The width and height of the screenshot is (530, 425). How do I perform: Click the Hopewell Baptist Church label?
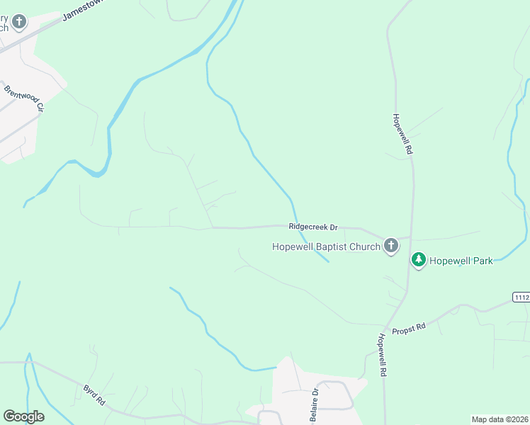click(326, 246)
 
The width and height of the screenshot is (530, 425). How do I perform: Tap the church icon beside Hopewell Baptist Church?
click(390, 246)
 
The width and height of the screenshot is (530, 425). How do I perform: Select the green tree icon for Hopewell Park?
click(419, 261)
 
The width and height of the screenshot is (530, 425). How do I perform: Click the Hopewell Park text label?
click(461, 261)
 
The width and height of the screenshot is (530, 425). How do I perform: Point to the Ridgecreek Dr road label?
click(313, 227)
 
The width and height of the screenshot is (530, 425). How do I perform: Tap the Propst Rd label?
click(411, 326)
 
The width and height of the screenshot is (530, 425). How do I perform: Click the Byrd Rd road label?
click(94, 395)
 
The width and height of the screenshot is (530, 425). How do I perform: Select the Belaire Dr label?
click(315, 404)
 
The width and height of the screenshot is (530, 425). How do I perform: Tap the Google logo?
click(23, 416)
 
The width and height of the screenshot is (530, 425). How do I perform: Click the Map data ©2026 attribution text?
click(500, 419)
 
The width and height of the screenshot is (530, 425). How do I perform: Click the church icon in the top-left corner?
click(19, 22)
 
